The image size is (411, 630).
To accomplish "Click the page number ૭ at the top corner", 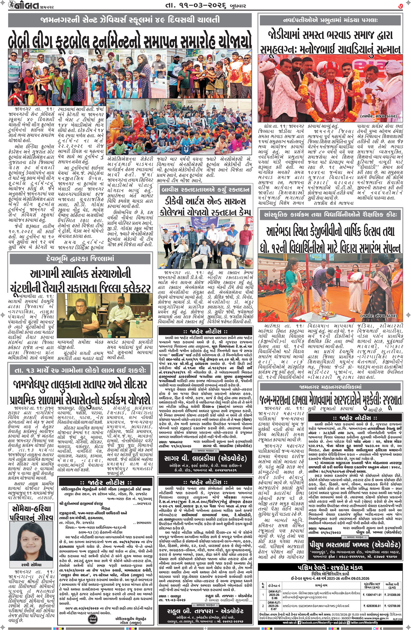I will pos(400,6).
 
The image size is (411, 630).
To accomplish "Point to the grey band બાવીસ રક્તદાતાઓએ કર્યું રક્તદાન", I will pos(206,190).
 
